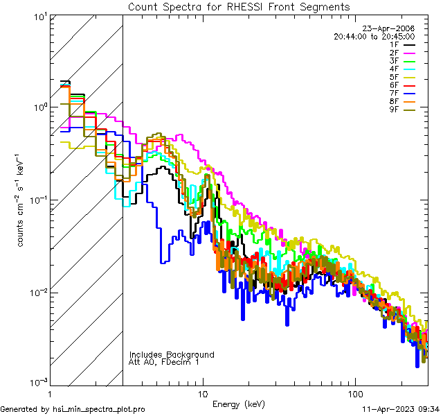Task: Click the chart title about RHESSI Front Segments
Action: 239,7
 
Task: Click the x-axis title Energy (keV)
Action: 238,404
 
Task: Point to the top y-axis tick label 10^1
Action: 38,17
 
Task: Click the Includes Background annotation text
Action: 172,355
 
